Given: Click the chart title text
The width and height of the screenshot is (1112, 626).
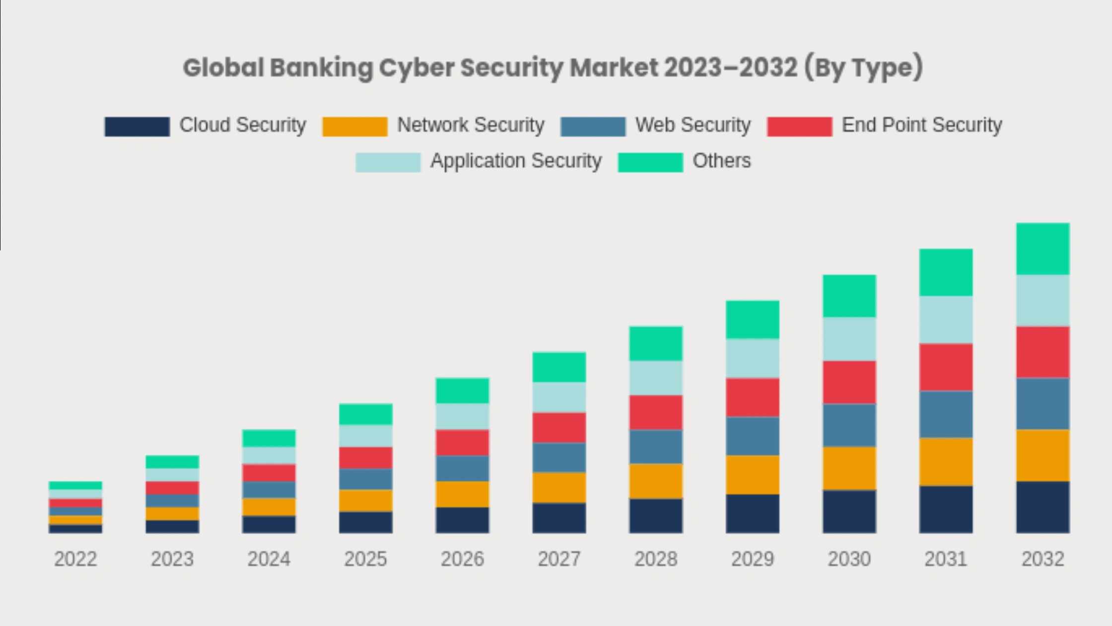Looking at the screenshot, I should tap(553, 68).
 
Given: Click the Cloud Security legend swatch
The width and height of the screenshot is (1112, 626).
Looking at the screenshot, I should tap(137, 126).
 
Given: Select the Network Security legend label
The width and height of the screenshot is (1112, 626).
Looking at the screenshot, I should tap(470, 125).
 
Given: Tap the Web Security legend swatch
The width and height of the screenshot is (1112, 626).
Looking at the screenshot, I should tap(593, 126).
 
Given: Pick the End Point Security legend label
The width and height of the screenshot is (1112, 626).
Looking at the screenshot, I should tap(921, 125).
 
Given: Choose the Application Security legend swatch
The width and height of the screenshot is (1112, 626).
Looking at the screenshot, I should tap(388, 162).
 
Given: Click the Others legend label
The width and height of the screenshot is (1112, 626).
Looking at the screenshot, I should tap(721, 161).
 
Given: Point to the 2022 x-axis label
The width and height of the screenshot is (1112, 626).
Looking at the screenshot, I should tap(75, 559).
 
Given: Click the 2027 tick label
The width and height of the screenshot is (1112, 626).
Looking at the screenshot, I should tap(559, 559).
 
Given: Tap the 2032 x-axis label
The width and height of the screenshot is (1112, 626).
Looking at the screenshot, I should tap(1042, 559).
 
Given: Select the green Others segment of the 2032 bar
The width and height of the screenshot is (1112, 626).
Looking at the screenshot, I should tap(1042, 249).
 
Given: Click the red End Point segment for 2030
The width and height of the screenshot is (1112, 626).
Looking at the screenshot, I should tap(849, 382).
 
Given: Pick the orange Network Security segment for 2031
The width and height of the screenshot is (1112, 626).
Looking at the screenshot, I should tap(946, 462).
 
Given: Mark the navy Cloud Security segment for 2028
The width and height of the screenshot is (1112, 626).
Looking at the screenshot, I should tap(656, 516).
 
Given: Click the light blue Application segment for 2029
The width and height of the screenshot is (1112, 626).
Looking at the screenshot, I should tap(753, 358).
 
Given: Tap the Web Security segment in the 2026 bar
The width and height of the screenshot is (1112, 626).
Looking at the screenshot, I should tap(462, 469).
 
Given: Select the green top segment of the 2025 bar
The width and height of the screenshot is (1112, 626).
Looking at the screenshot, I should tap(366, 414).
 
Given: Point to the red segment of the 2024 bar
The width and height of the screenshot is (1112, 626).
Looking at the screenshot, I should tap(269, 472).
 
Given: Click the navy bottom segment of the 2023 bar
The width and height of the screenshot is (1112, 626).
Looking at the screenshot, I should tap(172, 527).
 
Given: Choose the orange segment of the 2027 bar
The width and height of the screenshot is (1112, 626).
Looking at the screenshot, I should tap(559, 487).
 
